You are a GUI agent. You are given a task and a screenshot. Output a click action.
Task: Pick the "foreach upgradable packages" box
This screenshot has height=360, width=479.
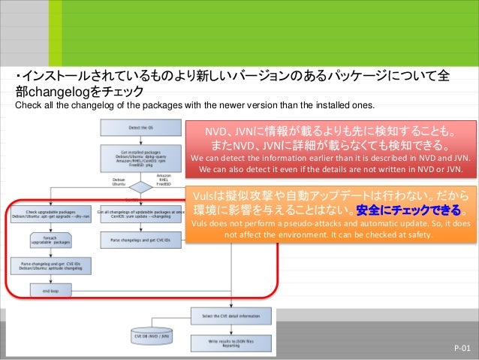click(x=50, y=241)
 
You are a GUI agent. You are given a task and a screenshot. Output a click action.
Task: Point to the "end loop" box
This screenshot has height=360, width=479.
click(x=50, y=289)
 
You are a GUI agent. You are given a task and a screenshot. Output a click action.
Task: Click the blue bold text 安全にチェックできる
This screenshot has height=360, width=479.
click(x=409, y=208)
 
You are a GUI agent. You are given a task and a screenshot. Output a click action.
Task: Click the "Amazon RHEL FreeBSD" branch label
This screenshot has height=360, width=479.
click(x=164, y=180)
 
